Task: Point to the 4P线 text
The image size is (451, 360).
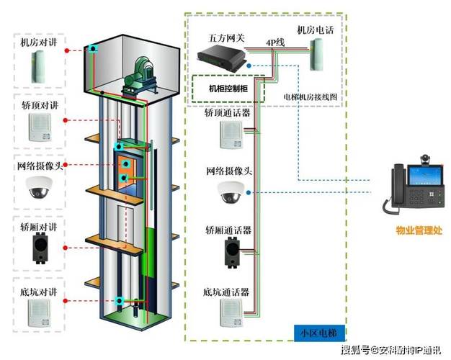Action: point(275,42)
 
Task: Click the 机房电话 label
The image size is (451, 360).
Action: point(315,30)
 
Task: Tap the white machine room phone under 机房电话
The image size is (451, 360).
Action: point(318,55)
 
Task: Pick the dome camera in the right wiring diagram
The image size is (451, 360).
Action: point(231,192)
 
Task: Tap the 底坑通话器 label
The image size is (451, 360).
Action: point(228,292)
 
